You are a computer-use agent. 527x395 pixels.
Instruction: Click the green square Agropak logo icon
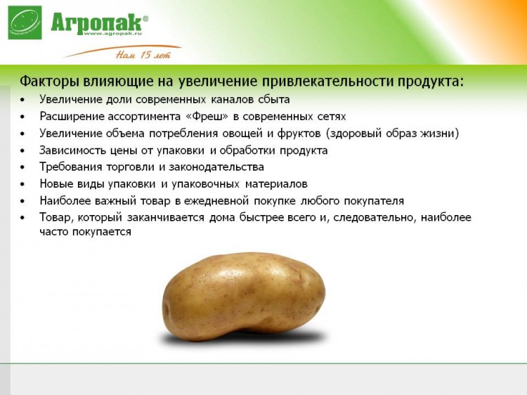tap(25, 22)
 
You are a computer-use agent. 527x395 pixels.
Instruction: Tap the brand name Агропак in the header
tap(96, 22)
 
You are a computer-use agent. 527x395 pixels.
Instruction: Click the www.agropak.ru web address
tap(112, 34)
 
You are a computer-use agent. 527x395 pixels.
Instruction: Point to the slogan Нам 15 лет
tap(143, 54)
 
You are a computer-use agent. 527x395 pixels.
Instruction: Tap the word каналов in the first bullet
tap(233, 100)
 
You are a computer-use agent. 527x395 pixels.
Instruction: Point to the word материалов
tap(276, 184)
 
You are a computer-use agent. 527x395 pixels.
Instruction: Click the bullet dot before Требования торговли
tap(22, 167)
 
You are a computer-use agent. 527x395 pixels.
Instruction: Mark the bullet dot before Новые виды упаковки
tap(22, 184)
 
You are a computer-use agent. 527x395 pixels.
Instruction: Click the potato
tap(244, 297)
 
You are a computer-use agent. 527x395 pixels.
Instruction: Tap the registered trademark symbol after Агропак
tap(145, 19)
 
